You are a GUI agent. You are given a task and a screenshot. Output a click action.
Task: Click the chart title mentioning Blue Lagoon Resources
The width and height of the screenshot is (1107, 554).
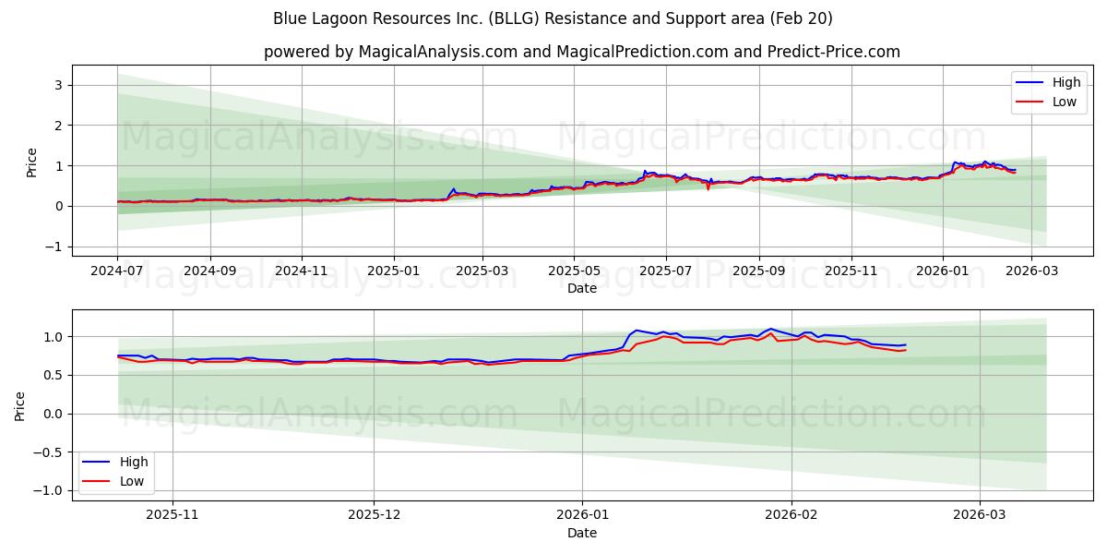click(x=553, y=18)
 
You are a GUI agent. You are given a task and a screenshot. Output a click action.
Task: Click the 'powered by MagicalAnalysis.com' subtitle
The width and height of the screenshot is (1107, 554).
click(x=581, y=52)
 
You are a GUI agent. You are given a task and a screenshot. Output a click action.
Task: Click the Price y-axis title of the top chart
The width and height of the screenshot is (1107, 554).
click(x=31, y=162)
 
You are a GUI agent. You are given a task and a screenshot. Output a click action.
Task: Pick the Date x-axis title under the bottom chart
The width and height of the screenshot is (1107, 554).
click(x=581, y=533)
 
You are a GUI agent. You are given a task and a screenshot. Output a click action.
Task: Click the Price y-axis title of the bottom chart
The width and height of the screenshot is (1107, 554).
click(x=20, y=405)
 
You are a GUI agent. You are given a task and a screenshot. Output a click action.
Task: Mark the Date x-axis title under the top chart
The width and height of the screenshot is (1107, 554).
click(x=581, y=288)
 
